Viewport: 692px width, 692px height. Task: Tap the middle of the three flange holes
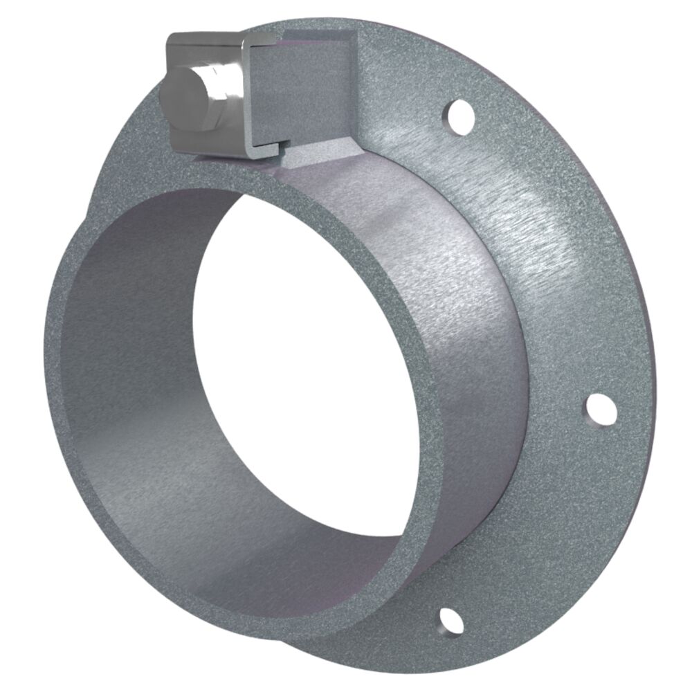click(600, 410)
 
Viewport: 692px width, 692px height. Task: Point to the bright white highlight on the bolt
click(224, 78)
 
